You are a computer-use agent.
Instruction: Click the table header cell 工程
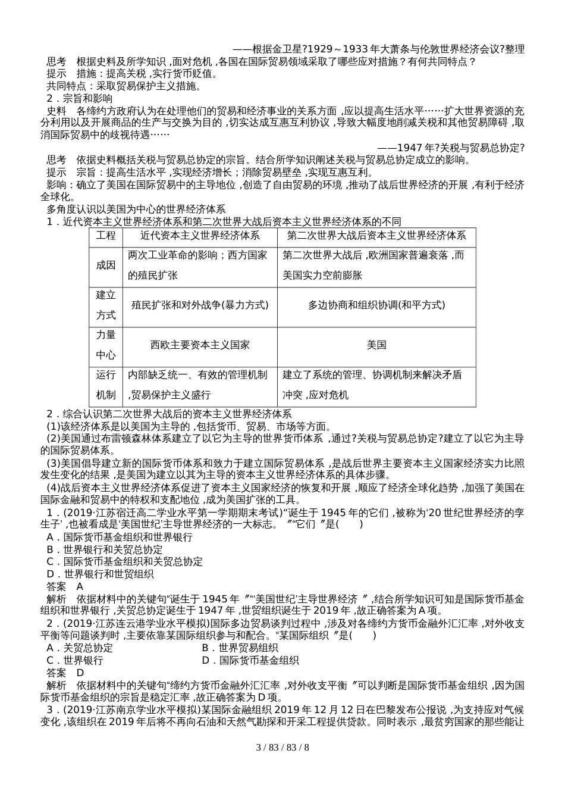point(106,236)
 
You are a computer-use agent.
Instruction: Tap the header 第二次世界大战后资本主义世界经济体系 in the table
point(376,236)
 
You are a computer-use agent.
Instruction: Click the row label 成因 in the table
point(106,265)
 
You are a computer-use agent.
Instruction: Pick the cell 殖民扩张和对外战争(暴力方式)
point(199,305)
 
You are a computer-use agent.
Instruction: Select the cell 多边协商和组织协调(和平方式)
point(376,305)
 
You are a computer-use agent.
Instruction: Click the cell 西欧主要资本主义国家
point(199,345)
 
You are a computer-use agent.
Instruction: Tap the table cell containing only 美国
point(376,345)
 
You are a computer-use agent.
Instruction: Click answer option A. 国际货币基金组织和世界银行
point(120,537)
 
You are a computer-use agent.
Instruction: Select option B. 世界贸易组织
point(240,648)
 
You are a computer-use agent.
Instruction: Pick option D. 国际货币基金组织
point(250,660)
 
